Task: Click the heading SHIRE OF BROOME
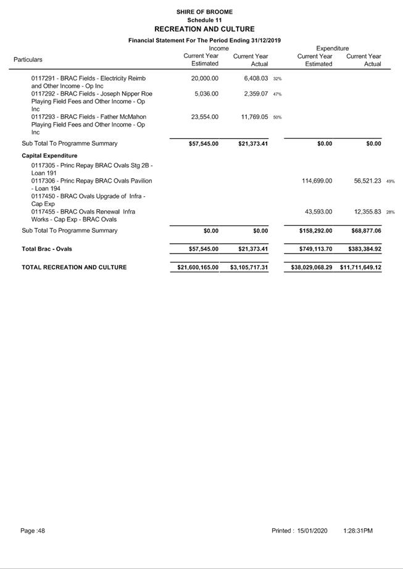click(x=204, y=12)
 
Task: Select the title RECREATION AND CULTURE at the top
click(x=204, y=29)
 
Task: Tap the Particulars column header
click(x=28, y=60)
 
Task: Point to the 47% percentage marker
click(x=278, y=94)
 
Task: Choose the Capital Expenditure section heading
click(x=49, y=156)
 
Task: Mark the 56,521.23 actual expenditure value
click(x=364, y=181)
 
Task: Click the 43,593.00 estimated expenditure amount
click(x=320, y=212)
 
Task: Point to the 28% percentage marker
click(x=391, y=212)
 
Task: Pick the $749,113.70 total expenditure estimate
click(x=312, y=249)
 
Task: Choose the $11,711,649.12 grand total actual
click(x=360, y=267)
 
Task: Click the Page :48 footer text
click(x=33, y=531)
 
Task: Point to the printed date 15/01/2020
click(x=312, y=531)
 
